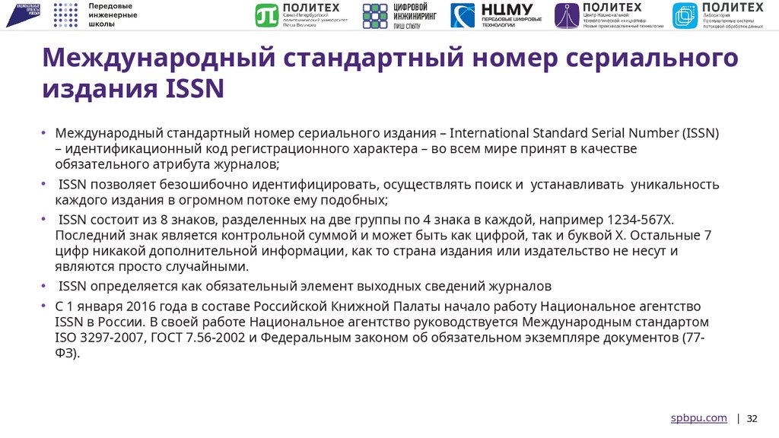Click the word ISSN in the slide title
click(x=194, y=89)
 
